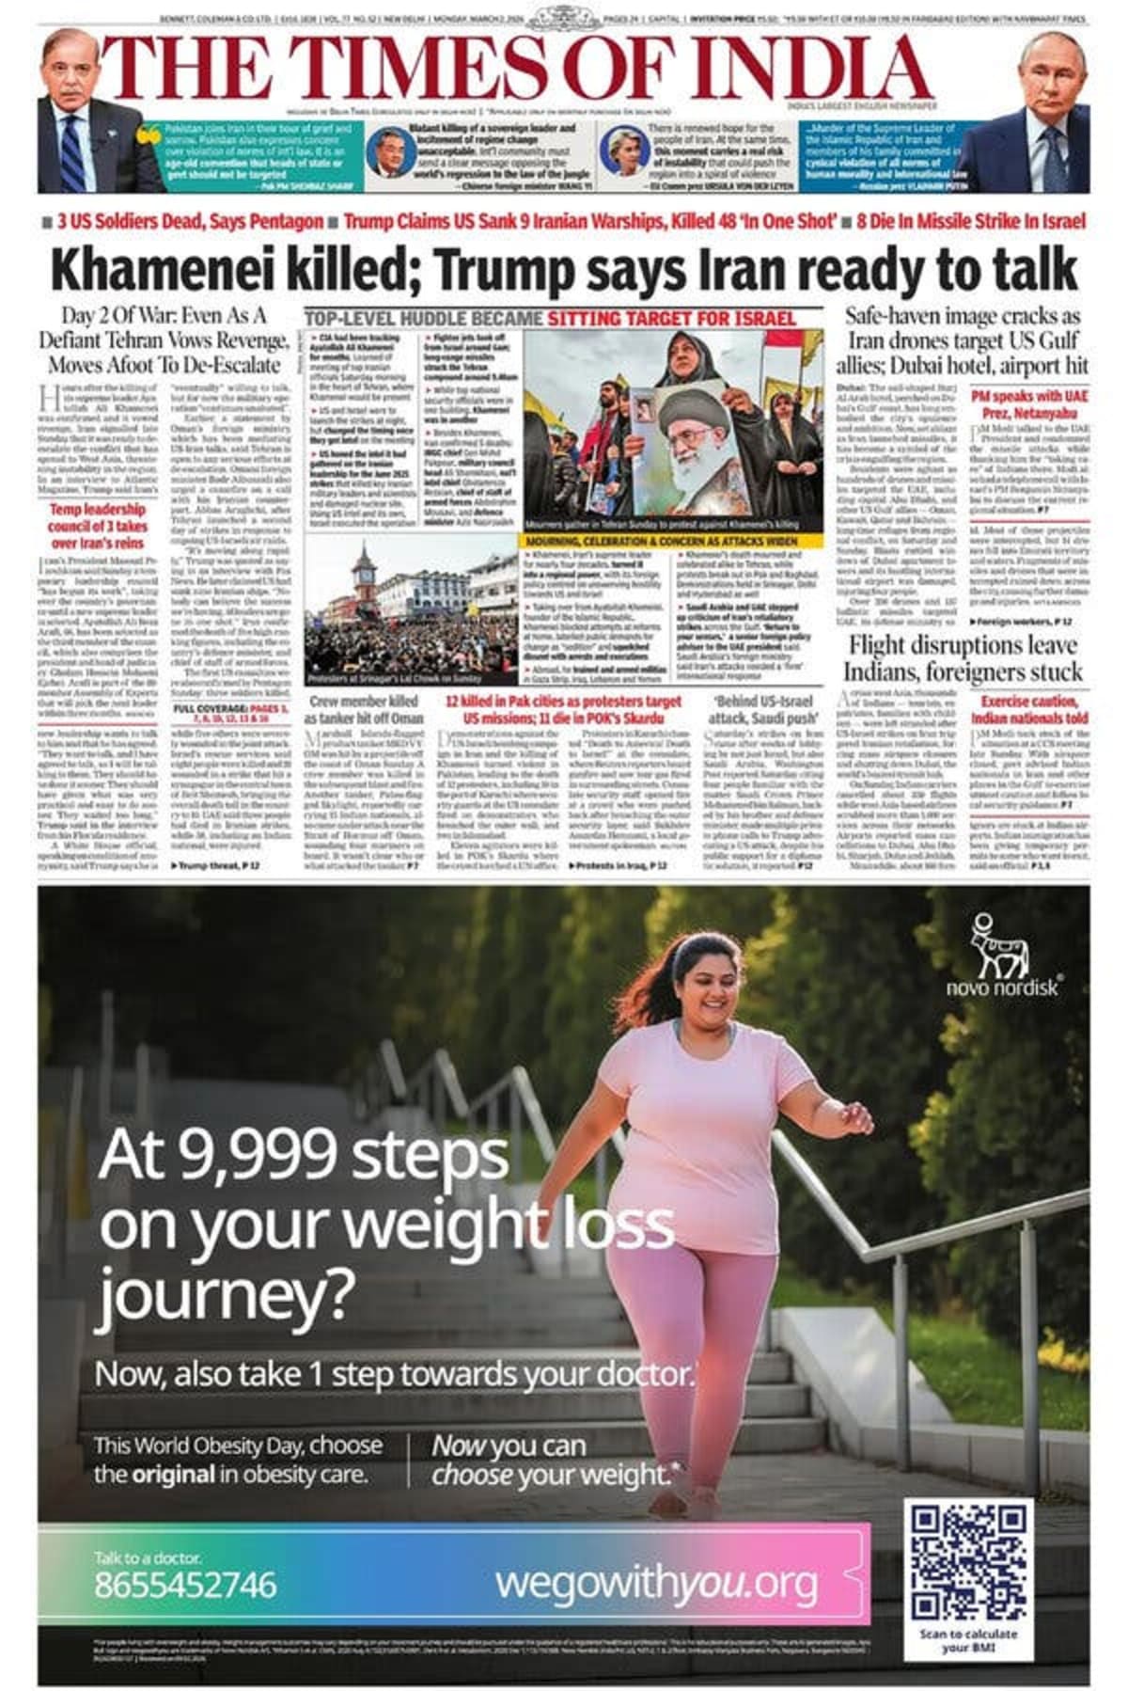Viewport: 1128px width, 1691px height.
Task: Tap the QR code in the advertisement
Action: pyautogui.click(x=967, y=1566)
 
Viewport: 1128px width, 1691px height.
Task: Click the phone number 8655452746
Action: pyautogui.click(x=185, y=1585)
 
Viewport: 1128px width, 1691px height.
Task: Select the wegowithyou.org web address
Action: pyautogui.click(x=656, y=1584)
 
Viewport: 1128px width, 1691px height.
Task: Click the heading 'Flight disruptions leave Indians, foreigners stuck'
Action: pyautogui.click(x=963, y=658)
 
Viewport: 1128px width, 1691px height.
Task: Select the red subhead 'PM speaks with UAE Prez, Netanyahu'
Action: pyautogui.click(x=1028, y=404)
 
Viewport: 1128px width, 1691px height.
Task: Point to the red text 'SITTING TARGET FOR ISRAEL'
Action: pyautogui.click(x=671, y=318)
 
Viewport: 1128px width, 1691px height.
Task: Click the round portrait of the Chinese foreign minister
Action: pyautogui.click(x=384, y=152)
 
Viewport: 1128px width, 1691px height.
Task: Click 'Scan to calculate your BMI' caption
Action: pyautogui.click(x=968, y=1641)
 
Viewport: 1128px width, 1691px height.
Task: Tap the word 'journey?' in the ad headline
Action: pyautogui.click(x=227, y=1295)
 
